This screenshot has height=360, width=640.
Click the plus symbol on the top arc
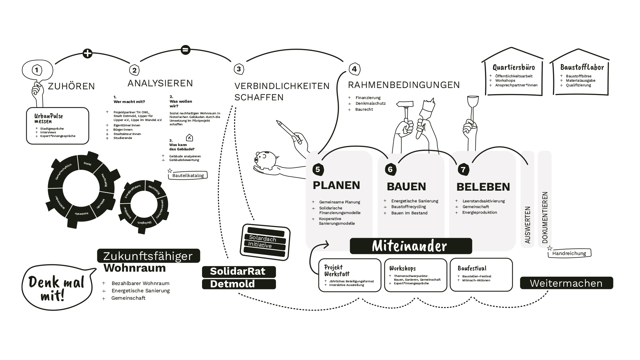87,53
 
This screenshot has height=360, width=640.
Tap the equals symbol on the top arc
185,50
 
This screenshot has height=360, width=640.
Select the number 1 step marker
37,70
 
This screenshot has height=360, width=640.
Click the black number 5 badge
317,169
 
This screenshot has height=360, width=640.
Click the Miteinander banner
411,246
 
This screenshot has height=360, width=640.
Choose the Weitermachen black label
566,283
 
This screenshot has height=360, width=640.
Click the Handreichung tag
569,253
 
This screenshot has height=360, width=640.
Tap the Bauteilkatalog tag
188,175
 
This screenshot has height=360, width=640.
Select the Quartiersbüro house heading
514,68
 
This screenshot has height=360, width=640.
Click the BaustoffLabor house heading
582,68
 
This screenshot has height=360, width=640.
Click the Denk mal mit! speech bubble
57,288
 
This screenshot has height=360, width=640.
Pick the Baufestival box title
472,268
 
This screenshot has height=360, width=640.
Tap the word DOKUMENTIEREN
545,217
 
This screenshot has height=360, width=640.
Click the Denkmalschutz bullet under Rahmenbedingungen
370,103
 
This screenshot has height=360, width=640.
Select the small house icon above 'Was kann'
189,138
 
